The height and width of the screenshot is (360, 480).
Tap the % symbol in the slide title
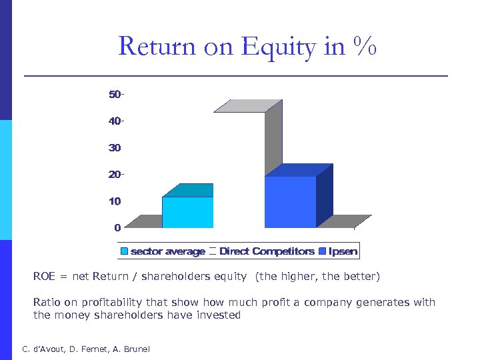[x=365, y=47]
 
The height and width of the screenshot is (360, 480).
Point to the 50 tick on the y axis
[x=116, y=95]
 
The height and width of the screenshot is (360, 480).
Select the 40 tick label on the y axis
[x=116, y=121]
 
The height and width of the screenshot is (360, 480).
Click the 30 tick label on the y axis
[x=115, y=147]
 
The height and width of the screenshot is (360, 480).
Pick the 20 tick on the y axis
[x=116, y=174]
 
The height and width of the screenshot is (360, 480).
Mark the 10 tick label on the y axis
[x=115, y=201]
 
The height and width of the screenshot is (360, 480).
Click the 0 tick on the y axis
[x=117, y=227]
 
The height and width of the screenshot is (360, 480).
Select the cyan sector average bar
[x=187, y=212]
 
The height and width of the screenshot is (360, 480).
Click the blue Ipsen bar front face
[x=290, y=202]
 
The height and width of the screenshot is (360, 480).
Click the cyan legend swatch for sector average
[x=125, y=251]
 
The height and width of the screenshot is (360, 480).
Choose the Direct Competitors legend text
[x=267, y=251]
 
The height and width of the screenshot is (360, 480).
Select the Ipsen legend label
[x=343, y=251]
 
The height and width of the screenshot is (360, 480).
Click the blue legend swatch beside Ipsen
[x=323, y=251]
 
